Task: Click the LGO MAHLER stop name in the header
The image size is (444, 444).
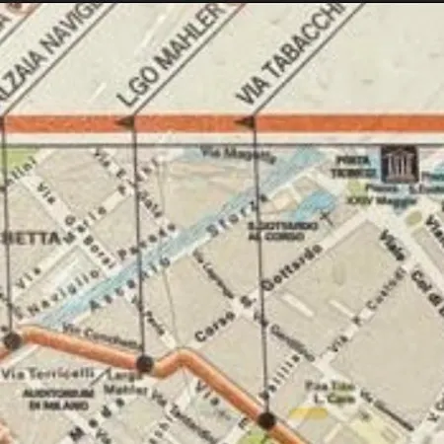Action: click(x=171, y=54)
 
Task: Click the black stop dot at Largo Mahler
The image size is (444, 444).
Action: click(x=144, y=364)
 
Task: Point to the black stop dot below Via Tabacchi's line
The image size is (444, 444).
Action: click(x=266, y=420)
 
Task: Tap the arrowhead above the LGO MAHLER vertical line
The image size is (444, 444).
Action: click(x=125, y=121)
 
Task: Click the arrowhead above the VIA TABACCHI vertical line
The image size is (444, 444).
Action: click(x=245, y=121)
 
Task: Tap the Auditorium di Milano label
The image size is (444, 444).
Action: click(x=60, y=399)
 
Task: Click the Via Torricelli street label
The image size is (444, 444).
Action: click(x=61, y=374)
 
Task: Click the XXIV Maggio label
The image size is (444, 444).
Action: click(x=379, y=202)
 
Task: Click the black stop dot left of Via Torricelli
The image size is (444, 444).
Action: click(x=12, y=341)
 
